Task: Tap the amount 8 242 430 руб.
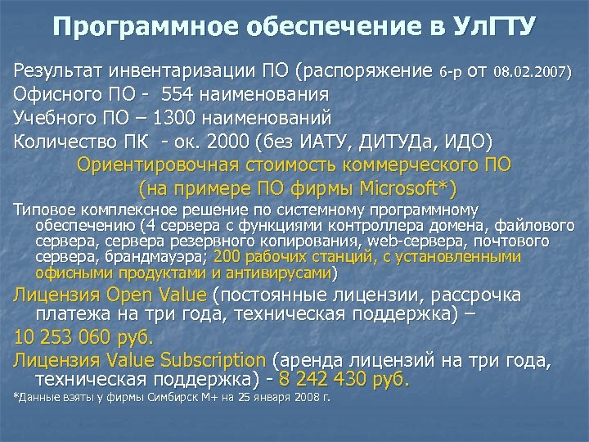point(344,380)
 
